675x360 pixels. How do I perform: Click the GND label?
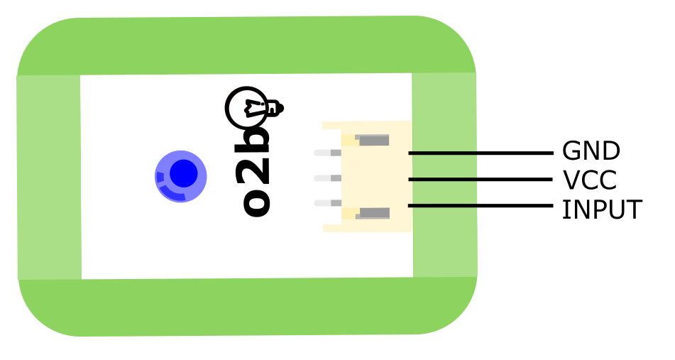pyautogui.click(x=591, y=151)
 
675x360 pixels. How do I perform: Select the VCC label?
pyautogui.click(x=589, y=180)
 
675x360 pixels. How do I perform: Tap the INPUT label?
pyautogui.click(x=601, y=210)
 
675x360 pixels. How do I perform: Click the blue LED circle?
pyautogui.click(x=181, y=175)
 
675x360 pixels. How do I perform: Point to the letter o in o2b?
pyautogui.click(x=256, y=202)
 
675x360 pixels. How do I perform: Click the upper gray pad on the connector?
pyautogui.click(x=373, y=140)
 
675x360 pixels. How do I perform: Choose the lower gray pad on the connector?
pyautogui.click(x=373, y=213)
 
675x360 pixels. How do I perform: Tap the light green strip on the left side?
pyautogui.click(x=48, y=178)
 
